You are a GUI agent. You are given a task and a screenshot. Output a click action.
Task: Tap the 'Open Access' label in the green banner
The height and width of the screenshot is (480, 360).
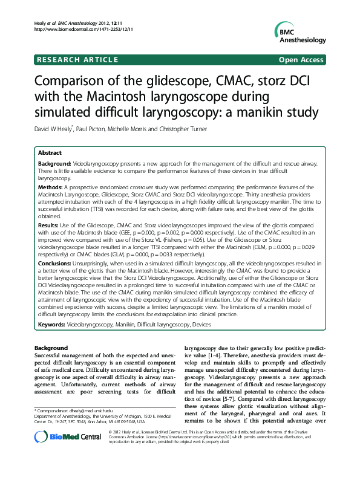click(x=301, y=60)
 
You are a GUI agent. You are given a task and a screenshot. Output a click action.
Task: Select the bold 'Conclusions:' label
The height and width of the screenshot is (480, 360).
click(x=55, y=264)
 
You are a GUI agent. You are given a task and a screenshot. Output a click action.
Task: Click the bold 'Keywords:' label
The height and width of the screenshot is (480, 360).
click(x=53, y=325)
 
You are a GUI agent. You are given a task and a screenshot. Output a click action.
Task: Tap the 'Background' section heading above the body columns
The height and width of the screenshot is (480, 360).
click(x=51, y=348)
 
